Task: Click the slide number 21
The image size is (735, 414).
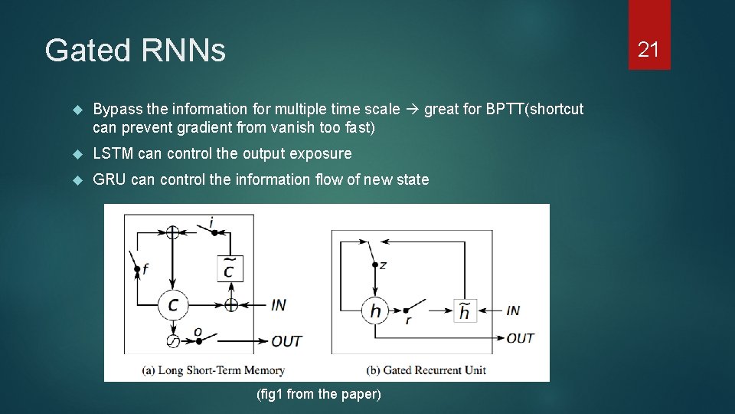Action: coord(648,50)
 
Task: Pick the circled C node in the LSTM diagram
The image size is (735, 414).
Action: coord(172,304)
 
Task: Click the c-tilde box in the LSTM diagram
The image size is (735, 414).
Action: coord(230,268)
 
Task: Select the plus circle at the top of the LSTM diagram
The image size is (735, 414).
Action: coord(172,232)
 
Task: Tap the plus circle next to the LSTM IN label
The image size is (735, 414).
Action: coord(231,304)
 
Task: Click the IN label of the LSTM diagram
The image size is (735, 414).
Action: coord(279,305)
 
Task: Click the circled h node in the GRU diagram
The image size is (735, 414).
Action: coord(375,310)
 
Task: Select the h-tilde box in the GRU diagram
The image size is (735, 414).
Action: coord(463,311)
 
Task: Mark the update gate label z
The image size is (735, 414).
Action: coord(382,265)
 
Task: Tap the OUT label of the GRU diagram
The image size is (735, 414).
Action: coord(520,337)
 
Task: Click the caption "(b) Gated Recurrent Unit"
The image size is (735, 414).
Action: coord(426,370)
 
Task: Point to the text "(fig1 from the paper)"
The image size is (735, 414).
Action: coord(318,394)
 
